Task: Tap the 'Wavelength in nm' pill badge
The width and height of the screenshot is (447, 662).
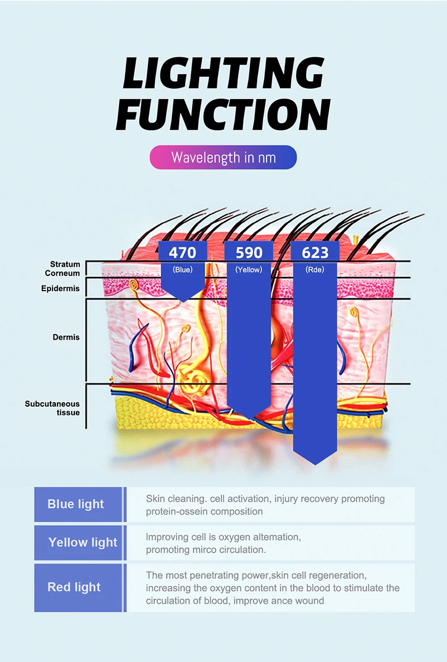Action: [x=223, y=157]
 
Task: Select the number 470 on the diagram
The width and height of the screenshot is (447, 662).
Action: [x=183, y=253]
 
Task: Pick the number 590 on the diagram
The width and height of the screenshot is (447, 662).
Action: [x=249, y=253]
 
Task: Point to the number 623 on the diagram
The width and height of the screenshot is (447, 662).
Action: [x=315, y=253]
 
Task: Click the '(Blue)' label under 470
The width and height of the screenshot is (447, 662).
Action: [x=183, y=270]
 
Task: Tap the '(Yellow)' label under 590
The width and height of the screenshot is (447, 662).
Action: [x=249, y=270]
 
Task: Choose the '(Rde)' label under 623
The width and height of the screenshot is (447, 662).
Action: [x=315, y=270]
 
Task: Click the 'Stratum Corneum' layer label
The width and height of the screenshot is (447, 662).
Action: [x=63, y=269]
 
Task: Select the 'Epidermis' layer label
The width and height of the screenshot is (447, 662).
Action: [x=60, y=289]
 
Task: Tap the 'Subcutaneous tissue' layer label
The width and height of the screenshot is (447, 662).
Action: [x=53, y=408]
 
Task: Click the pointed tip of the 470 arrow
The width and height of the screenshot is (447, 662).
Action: [x=183, y=301]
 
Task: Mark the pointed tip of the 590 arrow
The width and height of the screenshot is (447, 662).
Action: [x=249, y=417]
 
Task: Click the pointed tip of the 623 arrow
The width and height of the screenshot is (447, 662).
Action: [x=315, y=464]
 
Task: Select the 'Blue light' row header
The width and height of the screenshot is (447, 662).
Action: [x=76, y=504]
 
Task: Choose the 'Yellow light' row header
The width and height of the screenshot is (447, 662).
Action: [x=83, y=542]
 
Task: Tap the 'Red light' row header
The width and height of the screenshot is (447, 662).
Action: [x=74, y=587]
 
